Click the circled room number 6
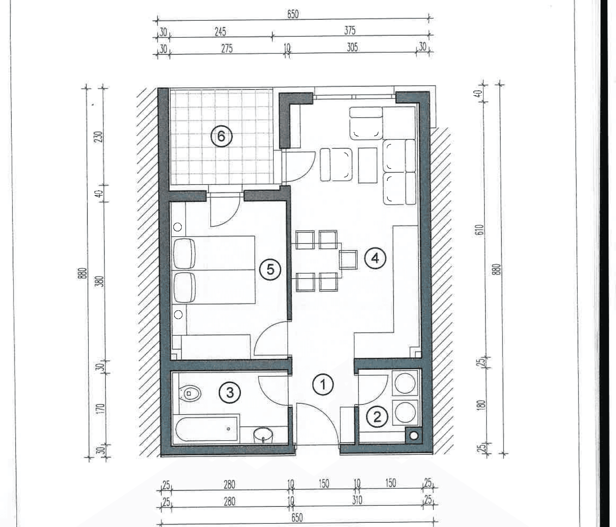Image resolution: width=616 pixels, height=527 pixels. pos(221,136)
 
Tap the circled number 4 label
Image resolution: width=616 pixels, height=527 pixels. pos(375,258)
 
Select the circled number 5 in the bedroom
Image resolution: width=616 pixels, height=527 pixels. pos(270,269)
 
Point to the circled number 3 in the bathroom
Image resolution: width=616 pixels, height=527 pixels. pos(230,392)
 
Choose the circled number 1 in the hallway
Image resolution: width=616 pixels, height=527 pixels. pos(323,385)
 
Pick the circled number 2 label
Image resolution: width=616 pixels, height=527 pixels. pos(377,417)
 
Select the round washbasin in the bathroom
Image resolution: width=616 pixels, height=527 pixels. pos(263,435)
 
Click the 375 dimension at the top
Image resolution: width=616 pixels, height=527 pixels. pos(350,30)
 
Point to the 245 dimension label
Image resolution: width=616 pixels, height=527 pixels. pos(220,31)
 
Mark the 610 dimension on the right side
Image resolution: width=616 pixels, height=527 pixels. pos(479,230)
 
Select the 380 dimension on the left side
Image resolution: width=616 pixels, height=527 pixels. pos(100,281)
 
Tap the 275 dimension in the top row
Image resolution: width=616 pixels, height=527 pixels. pos(227,49)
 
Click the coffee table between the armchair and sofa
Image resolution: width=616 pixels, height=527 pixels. pos(368,165)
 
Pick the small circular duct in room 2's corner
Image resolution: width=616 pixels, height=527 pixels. pos(414,436)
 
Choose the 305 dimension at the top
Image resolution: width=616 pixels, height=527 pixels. pos(352,47)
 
